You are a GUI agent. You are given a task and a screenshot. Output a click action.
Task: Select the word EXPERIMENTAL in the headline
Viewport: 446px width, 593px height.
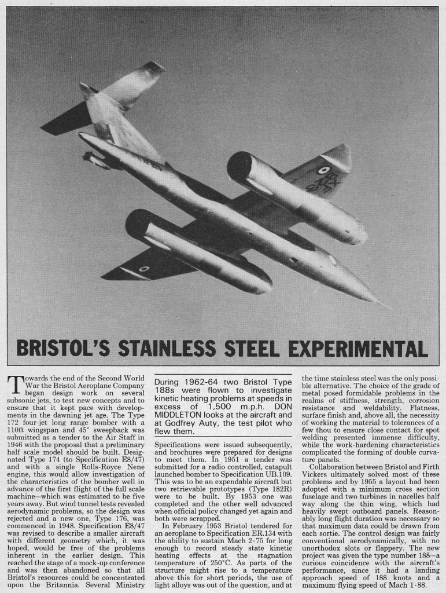coord(358,349)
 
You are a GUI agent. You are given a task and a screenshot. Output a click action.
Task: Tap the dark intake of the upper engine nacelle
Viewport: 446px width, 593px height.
coord(238,166)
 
